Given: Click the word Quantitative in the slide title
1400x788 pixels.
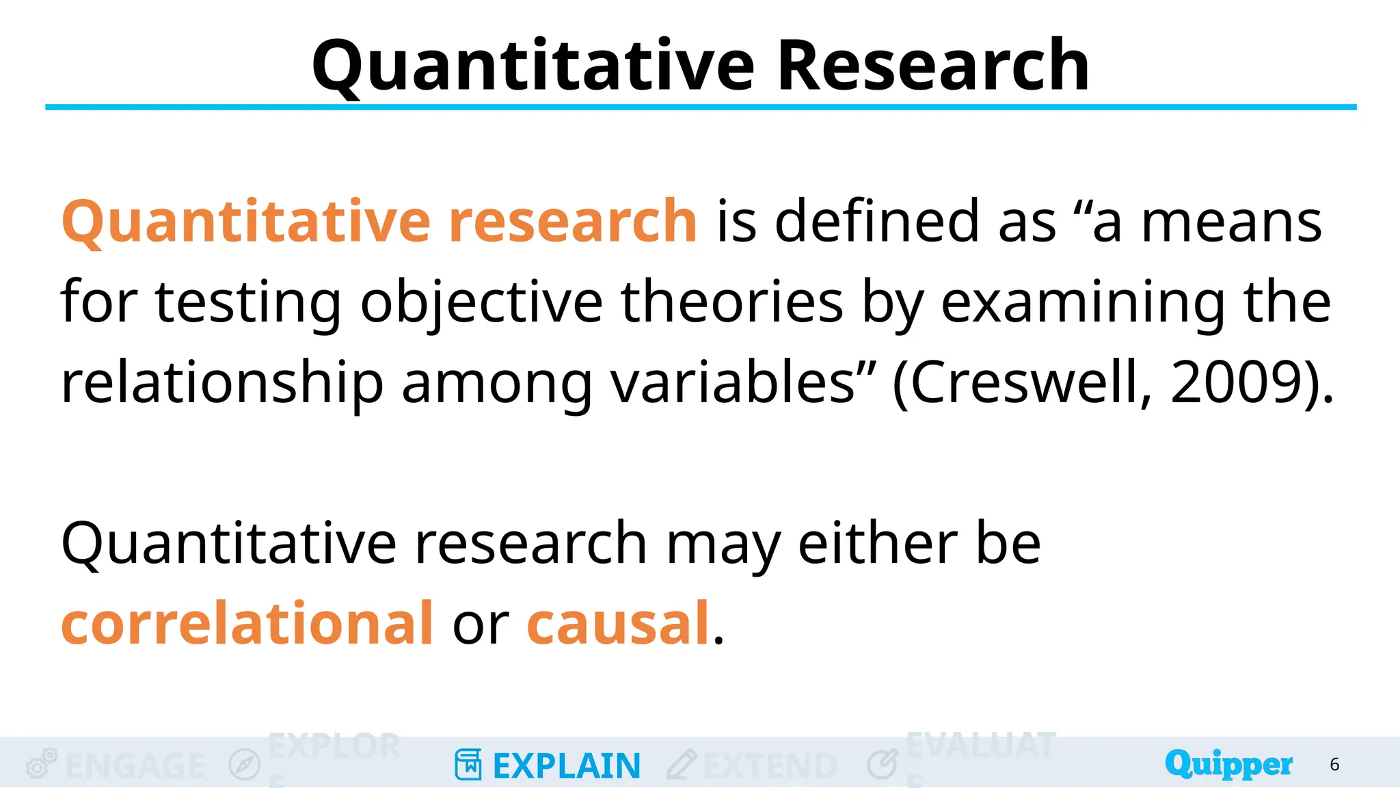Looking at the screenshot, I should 533,66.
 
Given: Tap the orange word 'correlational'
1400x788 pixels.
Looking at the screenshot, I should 247,623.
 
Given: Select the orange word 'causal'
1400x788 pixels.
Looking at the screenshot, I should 618,623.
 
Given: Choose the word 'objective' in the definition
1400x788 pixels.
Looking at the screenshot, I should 481,302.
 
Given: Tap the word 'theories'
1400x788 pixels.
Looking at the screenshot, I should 731,302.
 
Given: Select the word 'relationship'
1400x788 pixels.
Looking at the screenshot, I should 222,384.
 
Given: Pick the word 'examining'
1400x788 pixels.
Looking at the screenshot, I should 1083,302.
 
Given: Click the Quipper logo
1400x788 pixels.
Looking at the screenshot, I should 1228,764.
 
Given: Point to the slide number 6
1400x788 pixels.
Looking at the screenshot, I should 1334,765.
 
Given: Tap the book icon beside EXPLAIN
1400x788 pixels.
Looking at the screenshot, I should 468,765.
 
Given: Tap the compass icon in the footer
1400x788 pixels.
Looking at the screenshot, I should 245,765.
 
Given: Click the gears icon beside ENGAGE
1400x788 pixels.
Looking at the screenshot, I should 41,763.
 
